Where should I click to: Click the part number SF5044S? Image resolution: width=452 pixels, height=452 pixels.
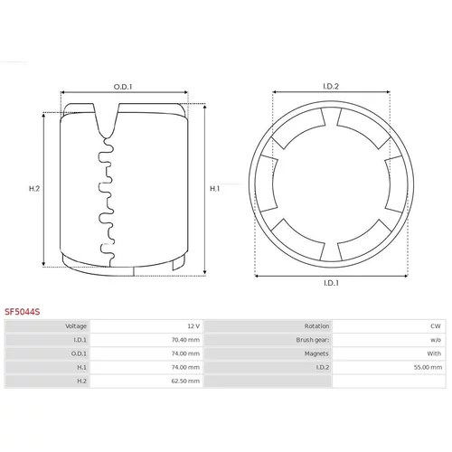[x=22, y=312]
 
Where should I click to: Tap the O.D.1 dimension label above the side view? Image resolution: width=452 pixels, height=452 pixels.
[x=123, y=87]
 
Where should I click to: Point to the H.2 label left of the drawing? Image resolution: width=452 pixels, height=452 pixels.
[x=34, y=189]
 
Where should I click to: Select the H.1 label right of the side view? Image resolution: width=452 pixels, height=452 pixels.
[x=215, y=189]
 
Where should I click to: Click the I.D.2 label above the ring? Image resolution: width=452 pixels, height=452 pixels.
[x=331, y=87]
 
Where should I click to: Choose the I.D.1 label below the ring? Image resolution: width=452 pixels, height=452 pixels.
[x=331, y=283]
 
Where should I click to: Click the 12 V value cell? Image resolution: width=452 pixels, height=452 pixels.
[x=193, y=326]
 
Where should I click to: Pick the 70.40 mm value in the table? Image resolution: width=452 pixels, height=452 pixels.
[x=185, y=340]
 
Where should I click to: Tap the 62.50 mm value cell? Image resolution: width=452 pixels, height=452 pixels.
[x=185, y=381]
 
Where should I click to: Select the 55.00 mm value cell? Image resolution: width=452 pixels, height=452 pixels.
[x=428, y=367]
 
